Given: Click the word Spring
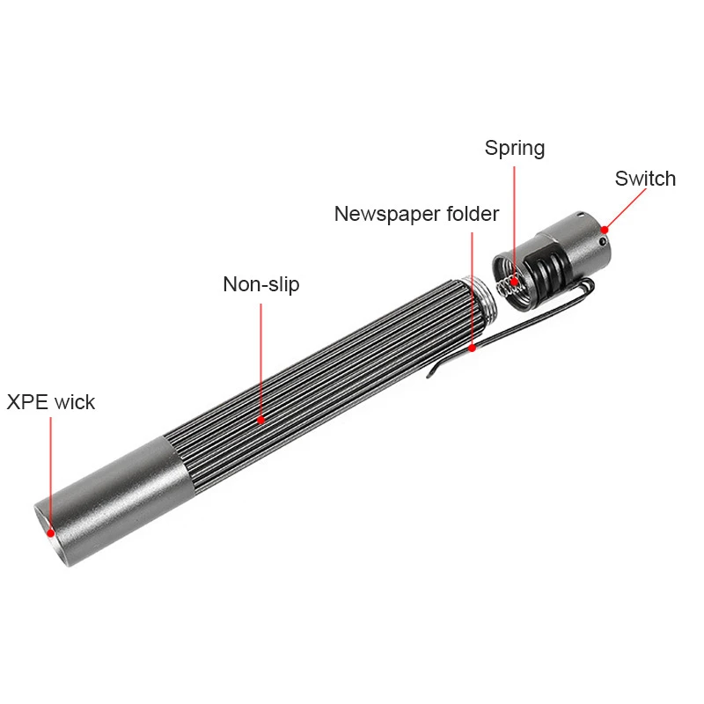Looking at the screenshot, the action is pyautogui.click(x=515, y=149).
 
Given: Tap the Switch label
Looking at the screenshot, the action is pyautogui.click(x=645, y=179).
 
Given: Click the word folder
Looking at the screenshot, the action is pyautogui.click(x=470, y=214).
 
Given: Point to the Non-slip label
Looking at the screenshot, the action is pyautogui.click(x=260, y=284).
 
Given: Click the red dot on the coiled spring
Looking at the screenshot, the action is pyautogui.click(x=515, y=282).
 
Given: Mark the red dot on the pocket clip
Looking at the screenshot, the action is pyautogui.click(x=473, y=348).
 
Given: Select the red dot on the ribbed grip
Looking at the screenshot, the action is pyautogui.click(x=261, y=421).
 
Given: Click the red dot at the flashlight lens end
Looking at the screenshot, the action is pyautogui.click(x=51, y=532).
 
